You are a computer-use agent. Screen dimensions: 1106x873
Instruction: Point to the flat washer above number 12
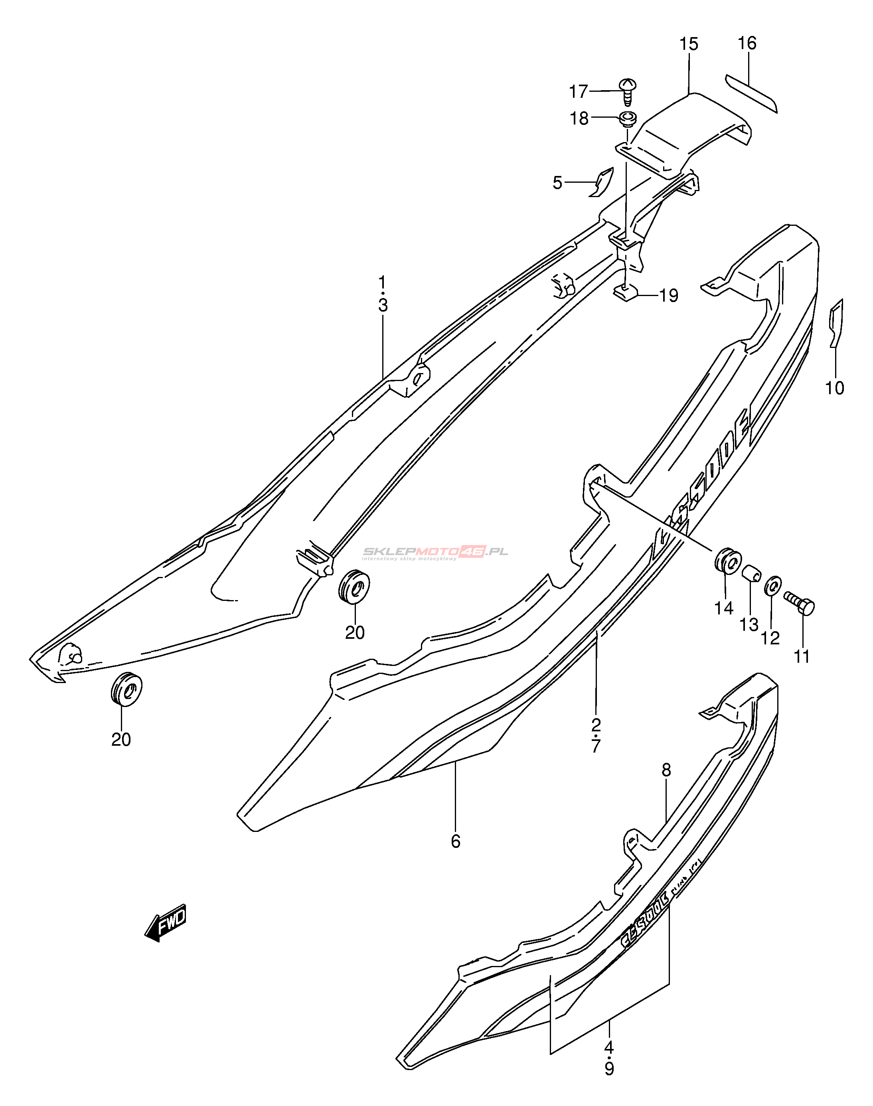tap(772, 586)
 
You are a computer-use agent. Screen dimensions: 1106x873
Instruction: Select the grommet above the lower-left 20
tap(126, 688)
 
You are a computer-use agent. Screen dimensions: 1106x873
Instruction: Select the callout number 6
tap(455, 841)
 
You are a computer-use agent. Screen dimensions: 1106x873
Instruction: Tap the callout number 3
tap(383, 306)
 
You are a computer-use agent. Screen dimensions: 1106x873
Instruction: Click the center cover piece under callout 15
tap(685, 133)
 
